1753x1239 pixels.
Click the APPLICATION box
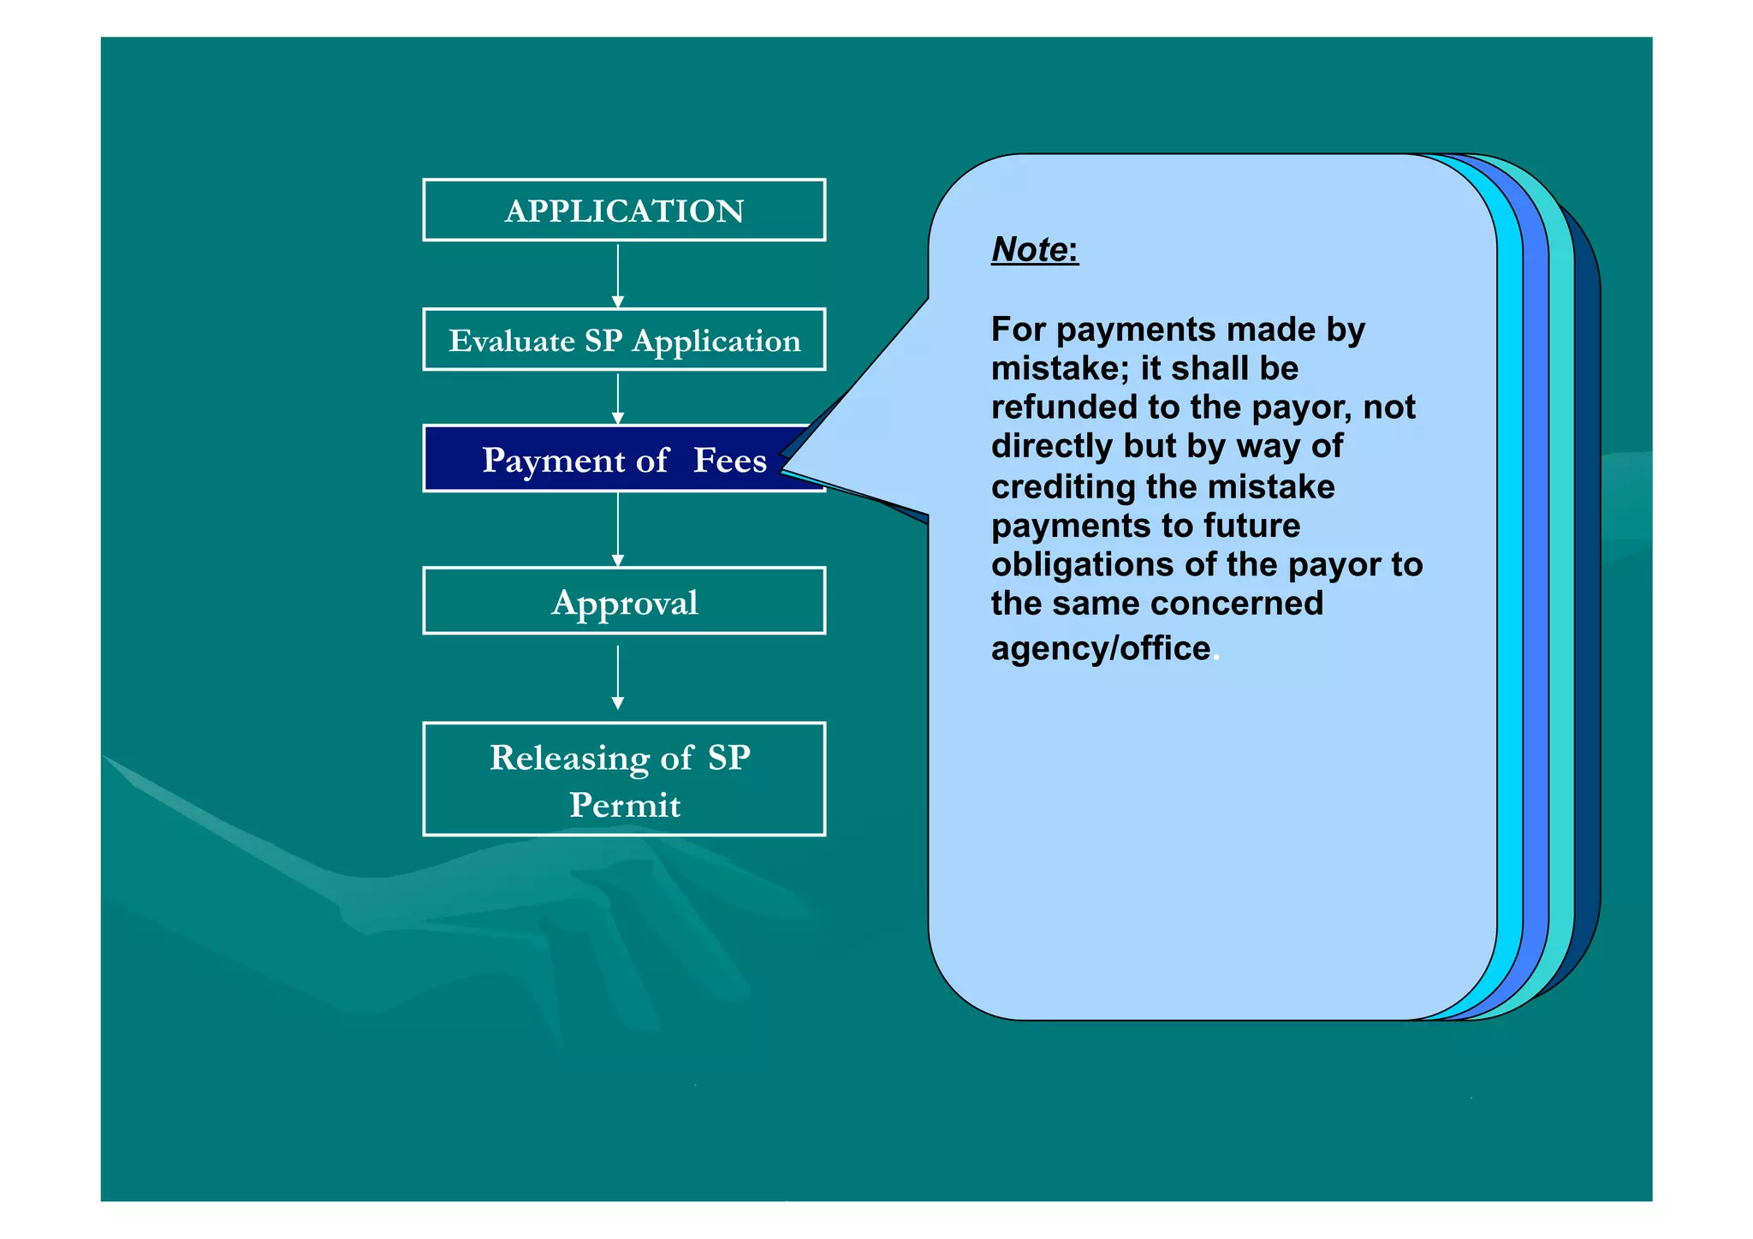coord(624,210)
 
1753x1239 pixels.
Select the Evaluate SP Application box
coord(624,340)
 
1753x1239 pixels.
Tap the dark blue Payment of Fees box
coord(599,459)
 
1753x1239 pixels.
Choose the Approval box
coord(624,601)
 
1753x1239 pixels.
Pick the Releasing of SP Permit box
coord(624,779)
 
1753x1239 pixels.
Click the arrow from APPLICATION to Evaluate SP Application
coord(618,276)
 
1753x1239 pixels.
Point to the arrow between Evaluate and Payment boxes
coord(618,399)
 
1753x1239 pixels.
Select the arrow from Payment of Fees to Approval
coord(618,530)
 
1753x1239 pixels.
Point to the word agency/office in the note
coord(1101,648)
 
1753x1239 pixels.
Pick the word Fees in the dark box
coord(729,461)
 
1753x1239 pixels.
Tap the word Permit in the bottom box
coord(625,805)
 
